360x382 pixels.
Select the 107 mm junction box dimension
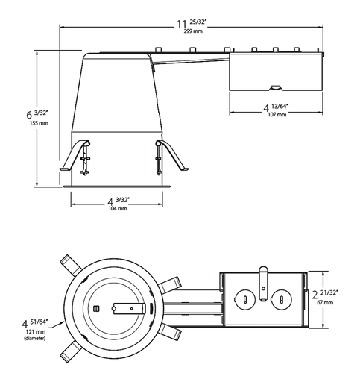point(274,117)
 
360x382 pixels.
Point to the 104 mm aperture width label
point(117,209)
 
